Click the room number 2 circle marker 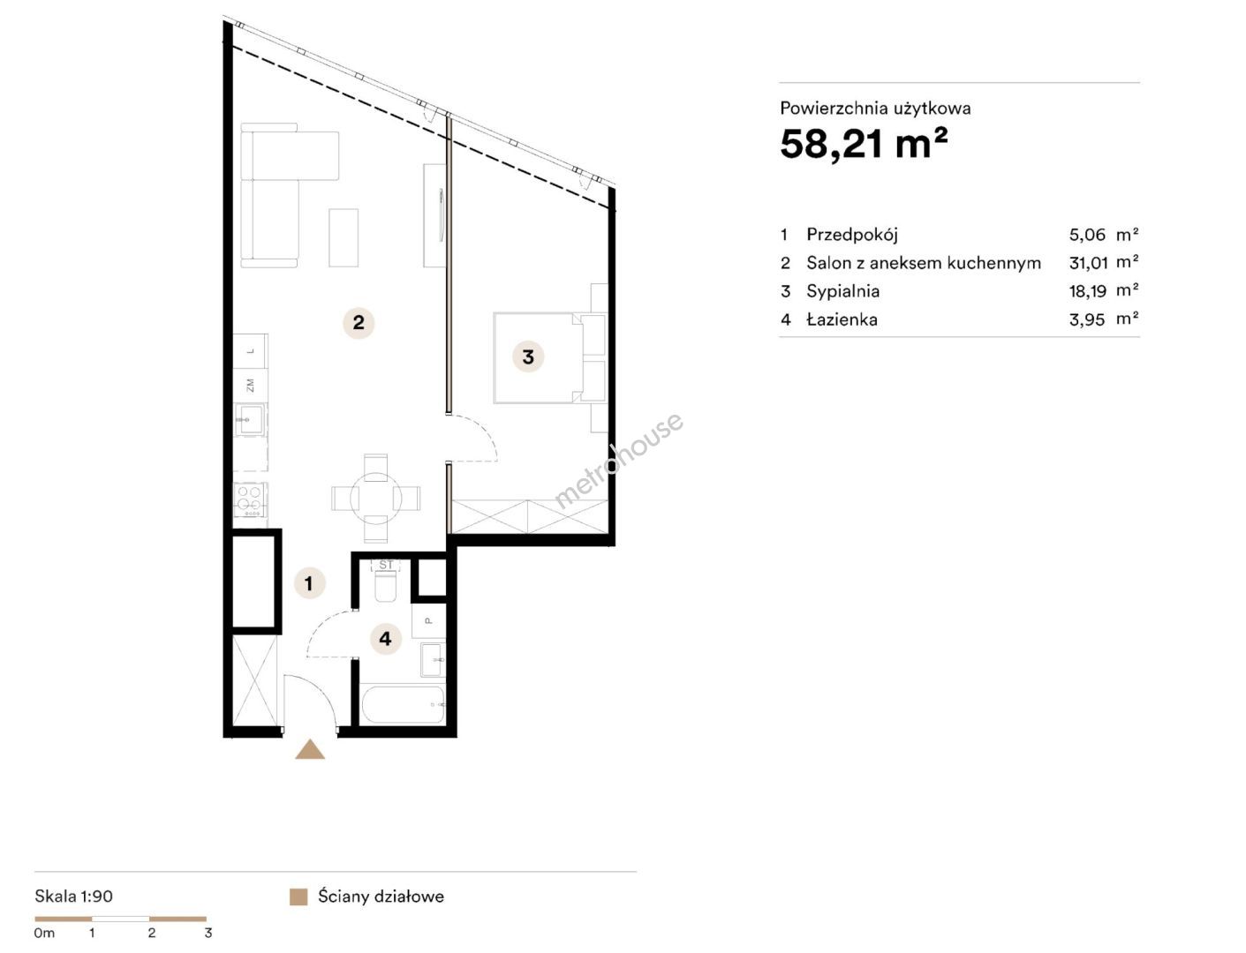pos(359,323)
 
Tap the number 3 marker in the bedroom pos(528,356)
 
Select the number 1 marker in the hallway pos(309,583)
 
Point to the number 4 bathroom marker pos(385,639)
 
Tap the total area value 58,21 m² pos(864,144)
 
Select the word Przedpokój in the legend pos(852,235)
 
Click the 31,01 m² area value pos(1104,263)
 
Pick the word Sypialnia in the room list pos(843,291)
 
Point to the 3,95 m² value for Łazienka pos(1104,319)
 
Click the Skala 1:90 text pos(74,897)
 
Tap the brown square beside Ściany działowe pos(298,897)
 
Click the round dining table pos(376,499)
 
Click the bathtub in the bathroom pos(403,705)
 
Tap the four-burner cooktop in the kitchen pos(250,499)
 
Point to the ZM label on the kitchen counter pos(250,385)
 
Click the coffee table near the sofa pos(344,237)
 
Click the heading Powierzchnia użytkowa pos(875,109)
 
